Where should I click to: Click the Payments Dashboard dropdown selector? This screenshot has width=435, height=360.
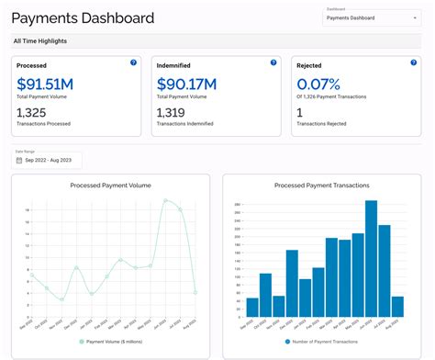click(371, 17)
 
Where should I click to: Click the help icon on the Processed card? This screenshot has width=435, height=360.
click(133, 62)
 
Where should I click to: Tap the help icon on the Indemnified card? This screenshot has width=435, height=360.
click(273, 62)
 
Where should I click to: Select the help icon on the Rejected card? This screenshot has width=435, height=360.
click(412, 62)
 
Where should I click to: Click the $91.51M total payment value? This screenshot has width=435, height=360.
click(45, 85)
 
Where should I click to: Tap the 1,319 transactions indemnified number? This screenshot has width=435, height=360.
click(173, 112)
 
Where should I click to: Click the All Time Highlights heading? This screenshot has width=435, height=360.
click(40, 41)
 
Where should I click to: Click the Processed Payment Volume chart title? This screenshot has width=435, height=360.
click(110, 185)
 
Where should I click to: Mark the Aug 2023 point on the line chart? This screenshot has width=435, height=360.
click(195, 292)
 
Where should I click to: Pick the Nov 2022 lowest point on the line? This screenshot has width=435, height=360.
click(61, 298)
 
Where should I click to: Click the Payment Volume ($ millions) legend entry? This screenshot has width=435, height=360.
click(114, 341)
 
